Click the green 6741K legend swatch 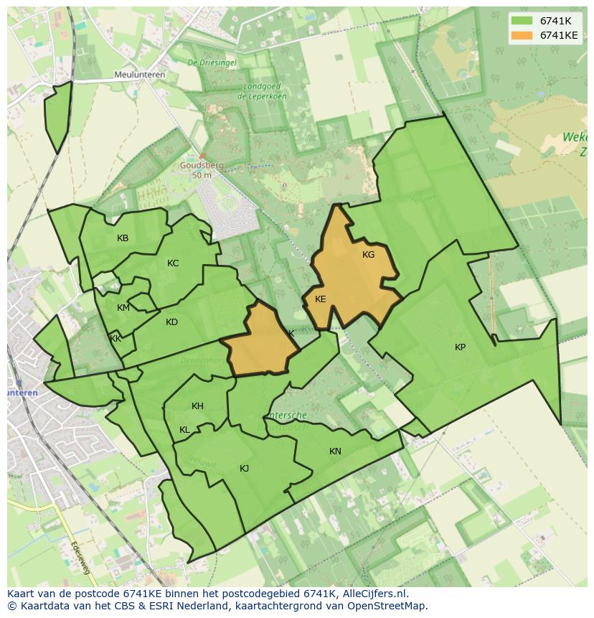(x=522, y=21)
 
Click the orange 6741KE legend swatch (x=522, y=35)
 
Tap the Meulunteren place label (x=140, y=75)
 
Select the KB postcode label (x=123, y=238)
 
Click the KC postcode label (x=173, y=263)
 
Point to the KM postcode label (x=123, y=308)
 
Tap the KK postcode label (x=115, y=339)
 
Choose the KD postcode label (x=171, y=322)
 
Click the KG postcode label (x=368, y=255)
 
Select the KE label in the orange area (x=321, y=299)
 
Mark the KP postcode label (x=460, y=347)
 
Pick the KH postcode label (x=197, y=406)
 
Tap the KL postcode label (x=184, y=430)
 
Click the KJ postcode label (x=244, y=469)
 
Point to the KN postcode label (x=335, y=451)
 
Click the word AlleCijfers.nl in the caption (x=372, y=594)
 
